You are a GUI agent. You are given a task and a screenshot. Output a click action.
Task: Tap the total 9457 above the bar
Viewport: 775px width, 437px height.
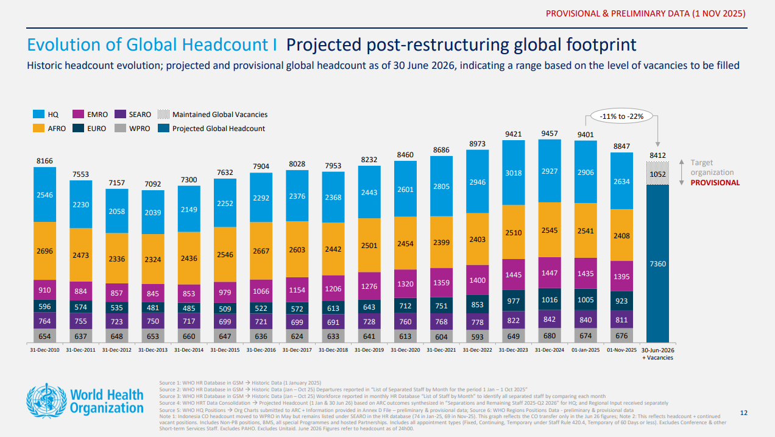(550, 133)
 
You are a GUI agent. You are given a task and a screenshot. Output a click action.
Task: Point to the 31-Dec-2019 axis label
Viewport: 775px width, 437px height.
(369, 350)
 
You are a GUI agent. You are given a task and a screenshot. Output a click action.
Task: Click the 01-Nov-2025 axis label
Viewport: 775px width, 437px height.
(622, 350)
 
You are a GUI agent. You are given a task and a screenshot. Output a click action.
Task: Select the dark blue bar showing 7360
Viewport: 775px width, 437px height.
(658, 263)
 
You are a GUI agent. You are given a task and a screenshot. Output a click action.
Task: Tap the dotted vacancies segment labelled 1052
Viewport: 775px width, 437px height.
(658, 174)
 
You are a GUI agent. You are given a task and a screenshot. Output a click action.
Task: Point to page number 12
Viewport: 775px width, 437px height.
(743, 413)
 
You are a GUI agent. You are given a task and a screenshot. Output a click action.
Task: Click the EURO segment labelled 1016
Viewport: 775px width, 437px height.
(550, 299)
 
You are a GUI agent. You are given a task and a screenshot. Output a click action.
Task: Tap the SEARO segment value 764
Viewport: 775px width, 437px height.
(44, 321)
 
